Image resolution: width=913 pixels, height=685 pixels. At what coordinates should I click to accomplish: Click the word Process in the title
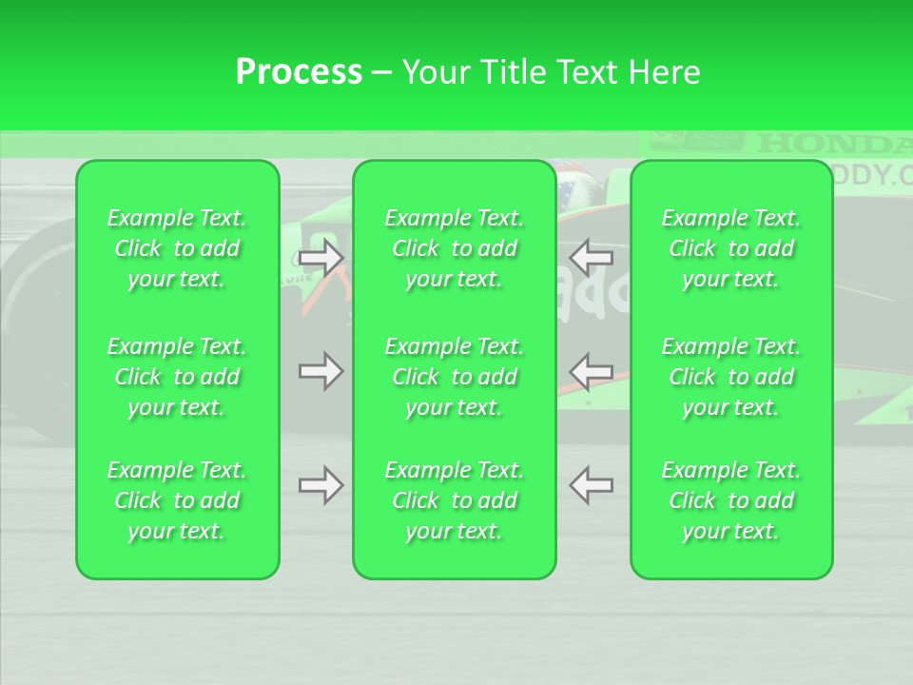tap(299, 72)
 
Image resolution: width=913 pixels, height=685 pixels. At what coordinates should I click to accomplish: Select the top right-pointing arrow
tap(321, 258)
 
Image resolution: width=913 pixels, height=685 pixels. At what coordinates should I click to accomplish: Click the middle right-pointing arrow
tap(321, 370)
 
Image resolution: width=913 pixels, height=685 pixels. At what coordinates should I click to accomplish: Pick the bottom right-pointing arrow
tap(321, 485)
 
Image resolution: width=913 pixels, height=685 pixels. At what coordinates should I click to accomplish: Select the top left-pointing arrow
tap(591, 258)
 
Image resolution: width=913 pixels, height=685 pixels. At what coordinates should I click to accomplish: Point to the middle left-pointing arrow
tap(591, 370)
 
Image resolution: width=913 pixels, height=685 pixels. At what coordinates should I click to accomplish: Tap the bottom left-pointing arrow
tap(591, 485)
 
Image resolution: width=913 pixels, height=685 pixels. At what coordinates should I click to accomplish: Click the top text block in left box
tap(177, 248)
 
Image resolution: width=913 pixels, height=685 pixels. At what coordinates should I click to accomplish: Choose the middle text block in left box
tap(177, 377)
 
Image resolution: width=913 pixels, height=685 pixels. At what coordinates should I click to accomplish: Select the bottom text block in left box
tap(177, 500)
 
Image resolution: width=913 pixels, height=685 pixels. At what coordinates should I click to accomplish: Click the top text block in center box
tap(455, 248)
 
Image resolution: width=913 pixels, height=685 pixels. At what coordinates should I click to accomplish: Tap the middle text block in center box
tap(455, 377)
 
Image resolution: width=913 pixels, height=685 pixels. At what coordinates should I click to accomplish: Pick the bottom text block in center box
tap(455, 500)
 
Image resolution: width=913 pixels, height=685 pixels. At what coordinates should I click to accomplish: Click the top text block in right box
tap(731, 248)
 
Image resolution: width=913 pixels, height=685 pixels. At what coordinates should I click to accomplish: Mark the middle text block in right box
tap(731, 377)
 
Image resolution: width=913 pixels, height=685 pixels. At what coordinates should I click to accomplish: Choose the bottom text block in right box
tap(731, 500)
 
